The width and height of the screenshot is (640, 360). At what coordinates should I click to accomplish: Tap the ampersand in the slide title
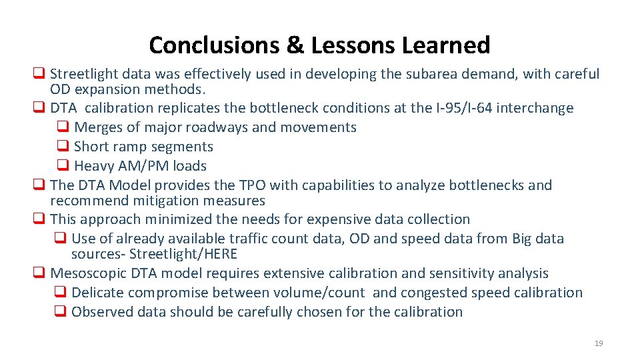tap(295, 45)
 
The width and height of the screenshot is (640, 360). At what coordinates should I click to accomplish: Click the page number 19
tap(598, 343)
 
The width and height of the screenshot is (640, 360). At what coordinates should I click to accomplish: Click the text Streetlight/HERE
tap(183, 254)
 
